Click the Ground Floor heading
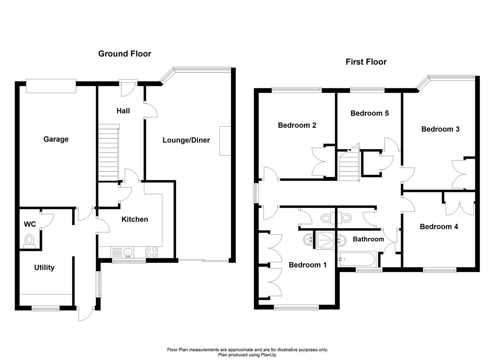[x=125, y=54]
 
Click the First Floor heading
[x=366, y=62]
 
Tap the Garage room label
[x=56, y=139]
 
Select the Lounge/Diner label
[x=186, y=140]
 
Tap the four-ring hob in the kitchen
[x=152, y=252]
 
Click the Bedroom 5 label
[x=369, y=113]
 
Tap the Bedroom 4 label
[x=439, y=227]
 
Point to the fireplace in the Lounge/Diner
[x=225, y=141]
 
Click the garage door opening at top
[x=51, y=86]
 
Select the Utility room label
[x=44, y=267]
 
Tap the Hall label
[x=123, y=111]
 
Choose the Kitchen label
[x=135, y=219]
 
